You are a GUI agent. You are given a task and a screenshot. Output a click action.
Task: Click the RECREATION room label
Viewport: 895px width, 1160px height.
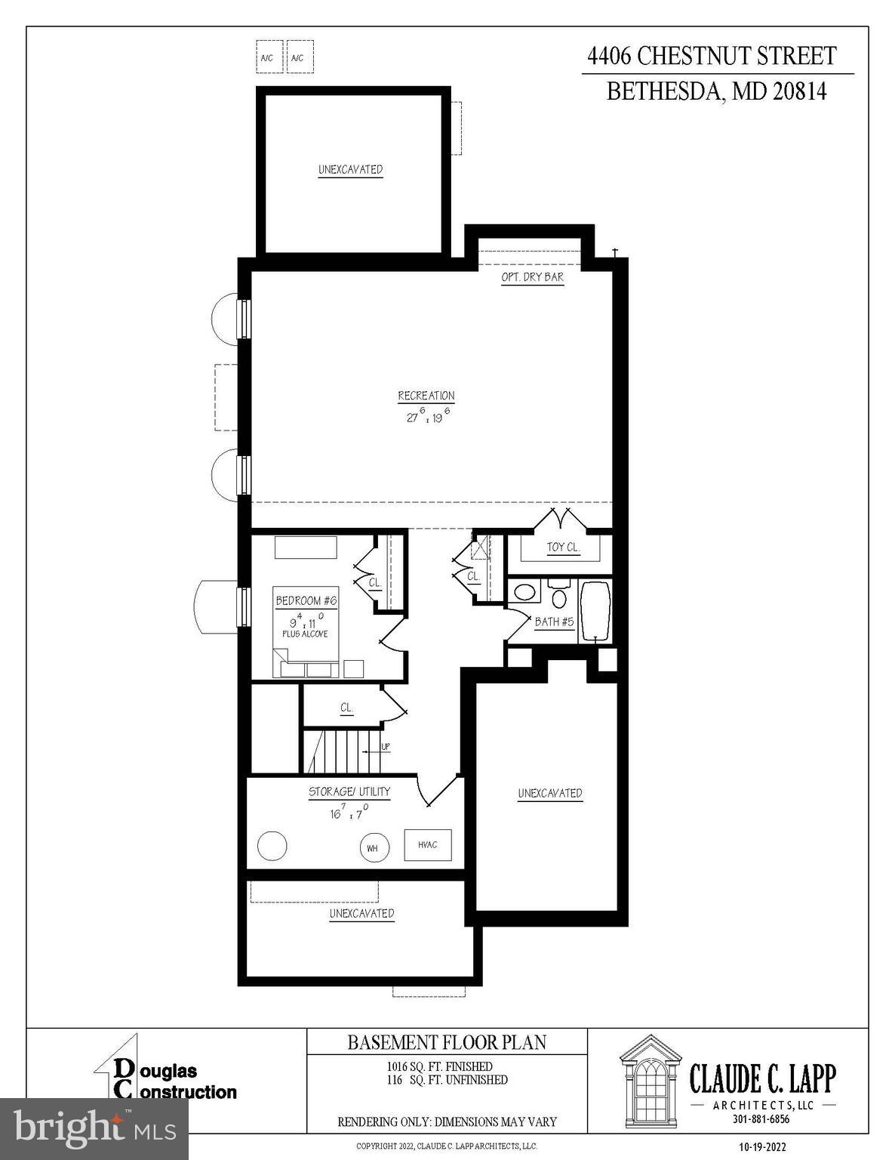(426, 396)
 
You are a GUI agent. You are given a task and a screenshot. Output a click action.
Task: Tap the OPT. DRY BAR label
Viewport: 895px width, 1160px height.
(532, 277)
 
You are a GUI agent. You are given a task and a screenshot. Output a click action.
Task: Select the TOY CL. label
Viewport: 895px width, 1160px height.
(563, 547)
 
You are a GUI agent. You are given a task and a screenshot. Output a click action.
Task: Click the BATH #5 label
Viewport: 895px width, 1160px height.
(555, 622)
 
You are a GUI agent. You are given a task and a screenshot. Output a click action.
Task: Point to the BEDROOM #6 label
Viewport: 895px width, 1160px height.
(306, 601)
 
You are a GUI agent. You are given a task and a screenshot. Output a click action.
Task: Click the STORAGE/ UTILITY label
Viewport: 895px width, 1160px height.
(349, 792)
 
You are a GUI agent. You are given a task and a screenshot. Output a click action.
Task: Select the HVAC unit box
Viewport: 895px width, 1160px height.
(428, 845)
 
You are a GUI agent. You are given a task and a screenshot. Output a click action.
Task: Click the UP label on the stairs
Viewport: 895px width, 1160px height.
(386, 748)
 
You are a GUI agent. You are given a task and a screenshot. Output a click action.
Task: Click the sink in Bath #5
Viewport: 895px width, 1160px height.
(526, 591)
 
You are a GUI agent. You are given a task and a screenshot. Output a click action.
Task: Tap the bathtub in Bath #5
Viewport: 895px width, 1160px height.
(595, 612)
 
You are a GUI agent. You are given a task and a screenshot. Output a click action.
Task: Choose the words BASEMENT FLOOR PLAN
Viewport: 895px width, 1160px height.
(447, 1043)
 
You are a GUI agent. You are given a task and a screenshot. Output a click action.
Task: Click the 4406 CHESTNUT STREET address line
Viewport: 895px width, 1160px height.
(712, 56)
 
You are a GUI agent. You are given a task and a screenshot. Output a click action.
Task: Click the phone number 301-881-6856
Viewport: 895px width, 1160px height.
(761, 1120)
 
